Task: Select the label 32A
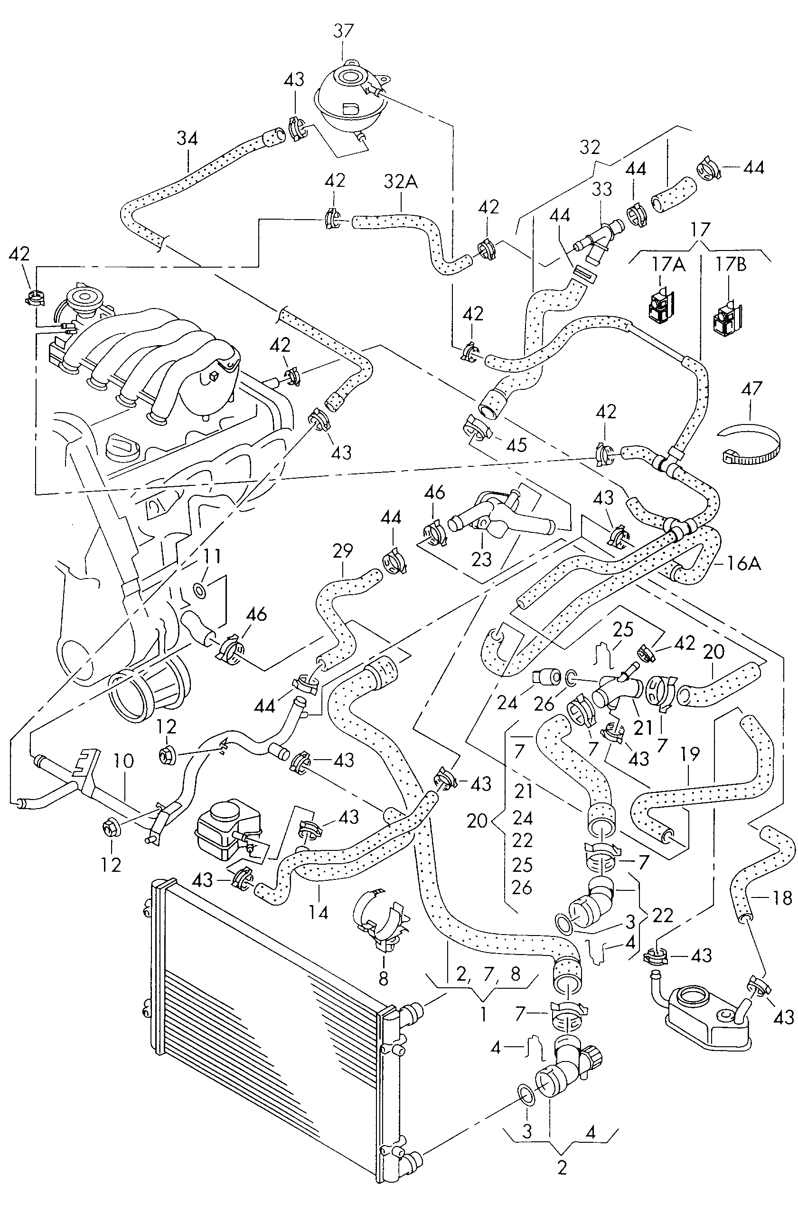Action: (401, 181)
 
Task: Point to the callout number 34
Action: (187, 138)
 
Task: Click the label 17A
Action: (668, 265)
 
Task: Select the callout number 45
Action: (516, 445)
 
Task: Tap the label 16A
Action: (744, 564)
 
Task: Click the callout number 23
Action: (481, 559)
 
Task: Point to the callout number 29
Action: (342, 551)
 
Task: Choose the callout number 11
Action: (212, 556)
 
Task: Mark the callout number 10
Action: (124, 761)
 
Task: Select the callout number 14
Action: (318, 912)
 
